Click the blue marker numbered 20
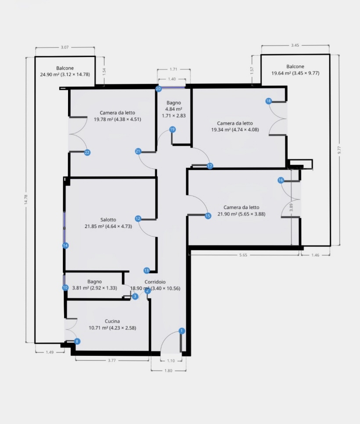158,89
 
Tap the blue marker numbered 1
182,331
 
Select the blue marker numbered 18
268,101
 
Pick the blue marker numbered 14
65,246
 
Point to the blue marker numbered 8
77,341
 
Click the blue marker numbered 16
281,180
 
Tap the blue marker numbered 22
87,152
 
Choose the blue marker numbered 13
147,270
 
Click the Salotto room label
108,220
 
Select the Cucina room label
112,321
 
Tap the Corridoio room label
155,282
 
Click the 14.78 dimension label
26,199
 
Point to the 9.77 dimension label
339,150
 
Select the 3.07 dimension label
65,47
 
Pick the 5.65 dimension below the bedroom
243,255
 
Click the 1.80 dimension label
169,371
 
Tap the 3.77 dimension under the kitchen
112,360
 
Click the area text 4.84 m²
173,109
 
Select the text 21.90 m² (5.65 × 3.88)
241,214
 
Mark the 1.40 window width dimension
172,79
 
